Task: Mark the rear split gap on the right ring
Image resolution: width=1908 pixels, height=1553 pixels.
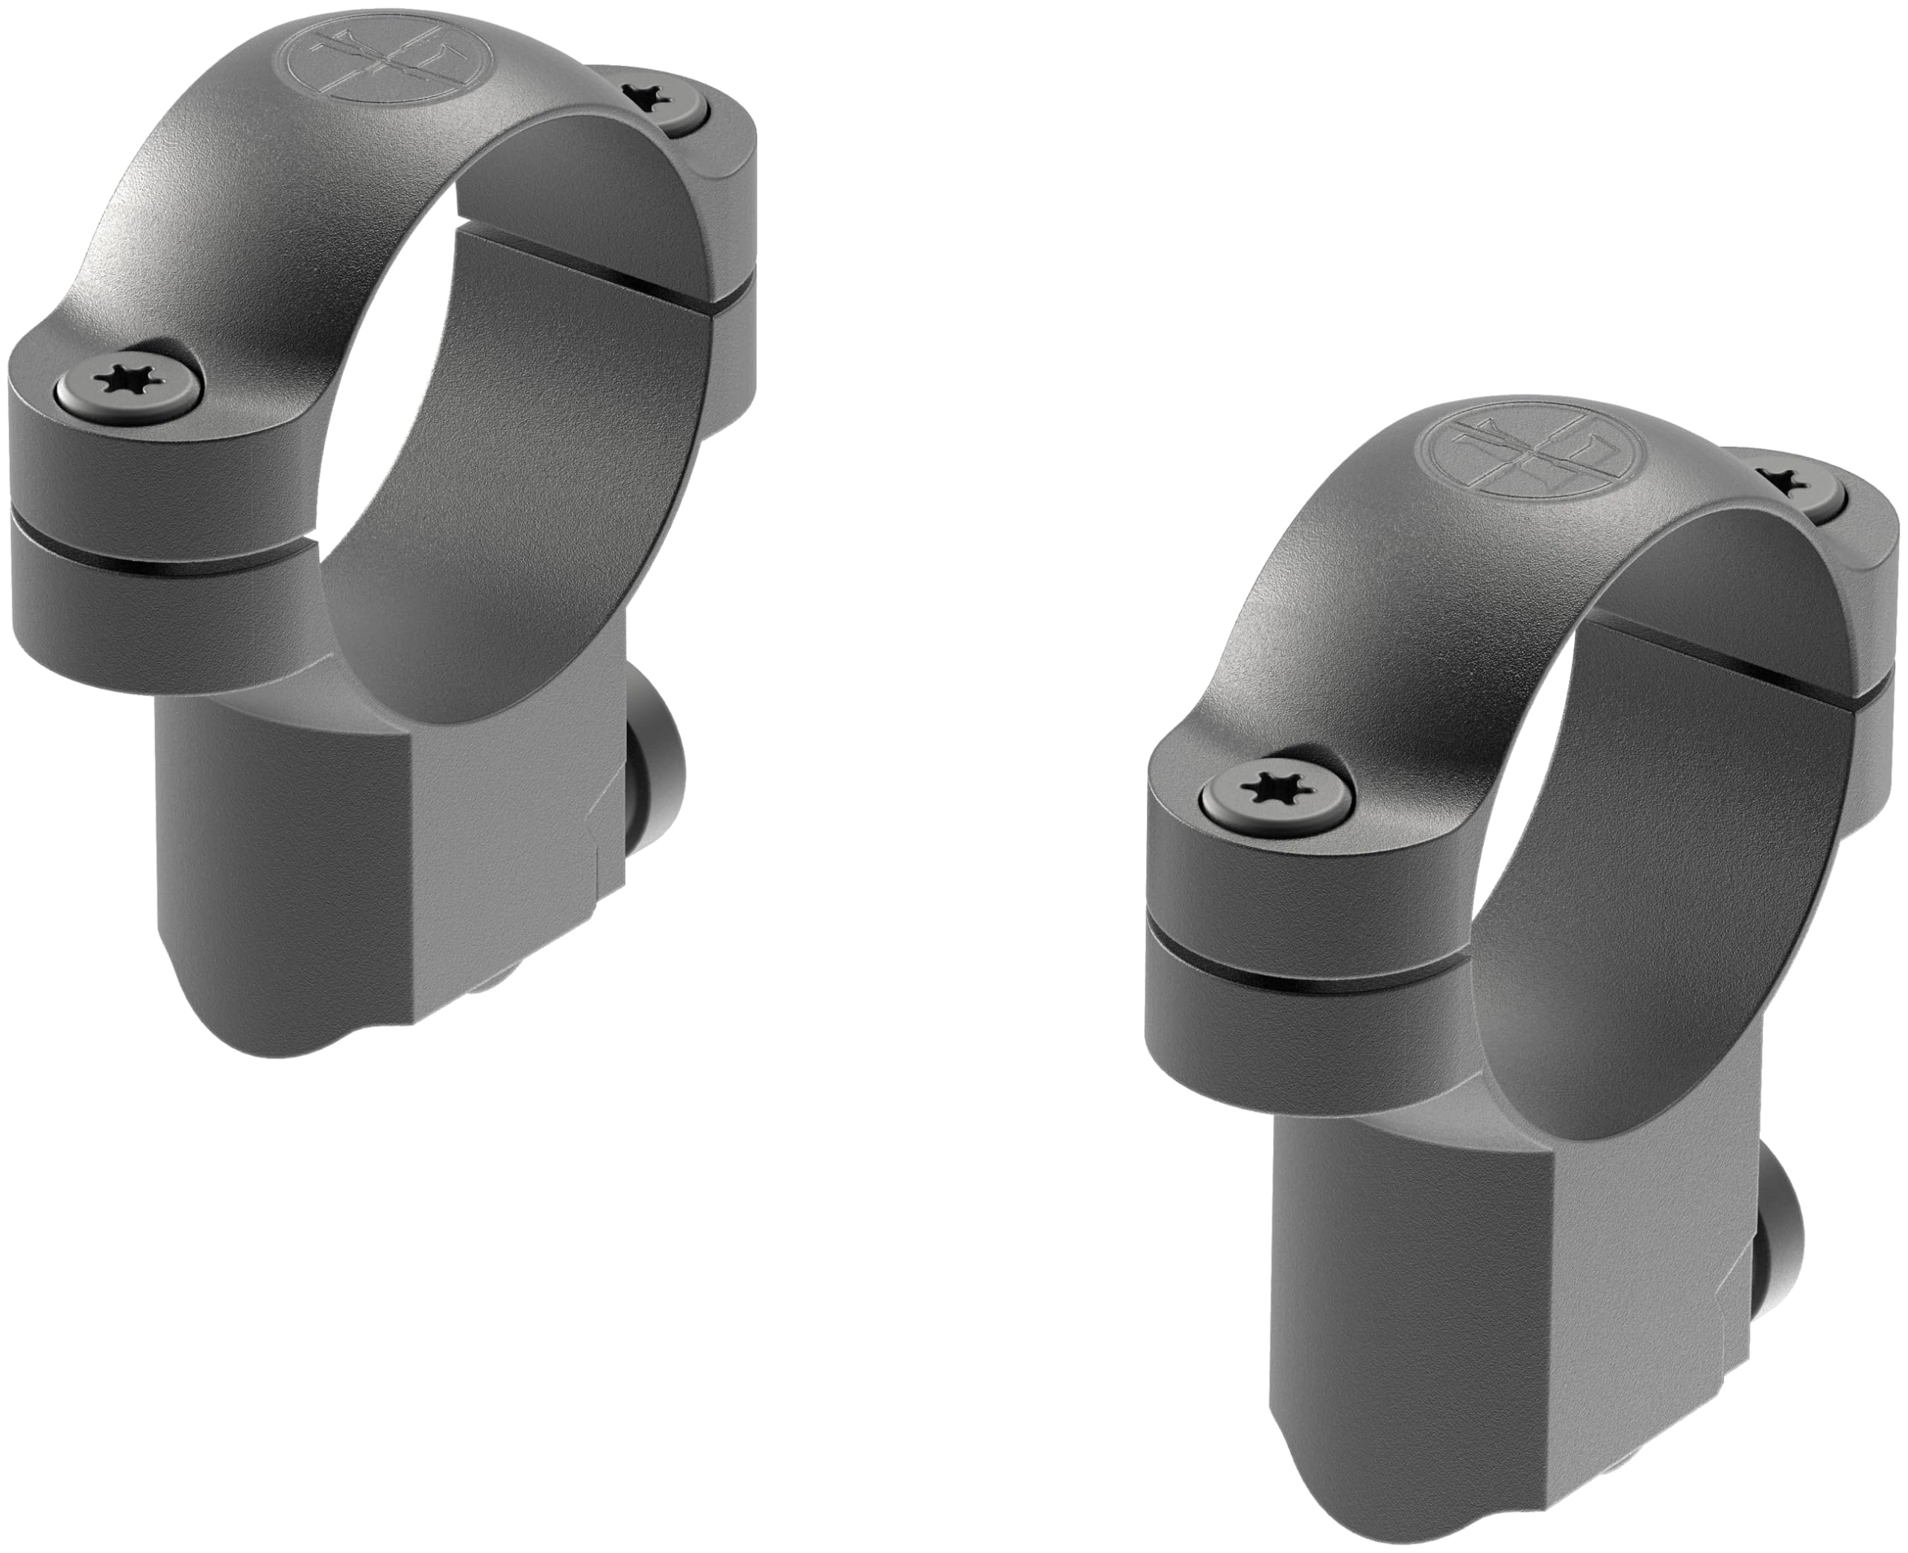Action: [x=1754, y=680]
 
